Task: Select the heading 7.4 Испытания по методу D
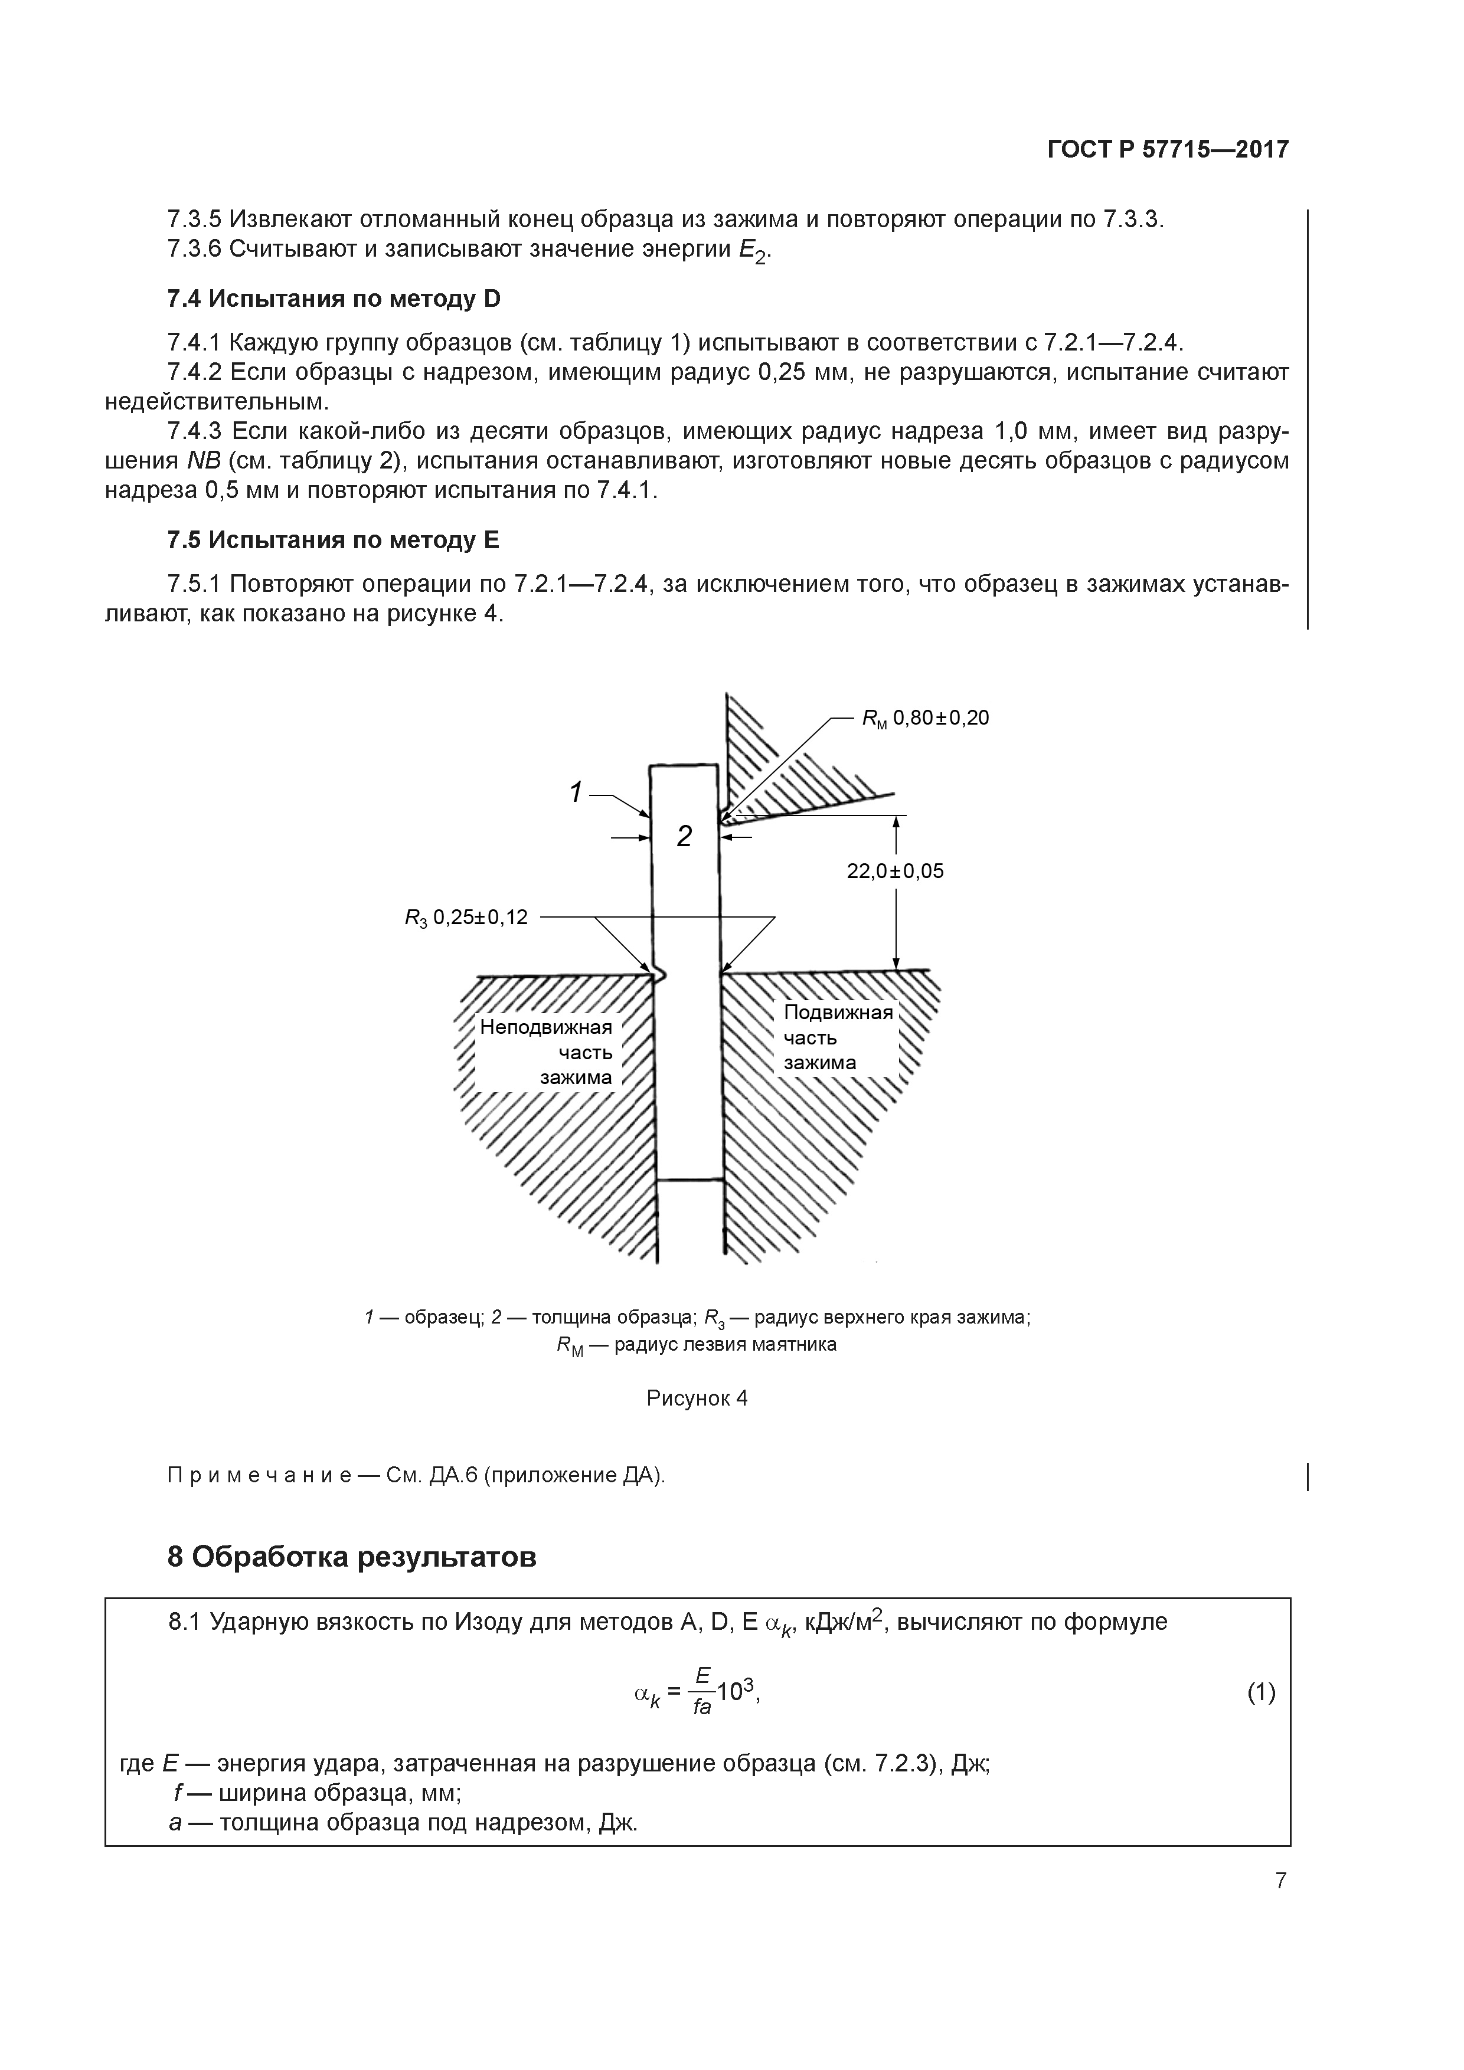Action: coord(334,299)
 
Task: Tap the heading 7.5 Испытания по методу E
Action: coord(333,540)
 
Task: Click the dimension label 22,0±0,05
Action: coord(895,871)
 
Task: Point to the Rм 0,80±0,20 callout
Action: coord(926,718)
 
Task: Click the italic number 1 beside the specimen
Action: coord(576,792)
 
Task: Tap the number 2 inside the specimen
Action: coord(685,837)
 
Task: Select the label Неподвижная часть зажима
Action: coord(547,1052)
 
